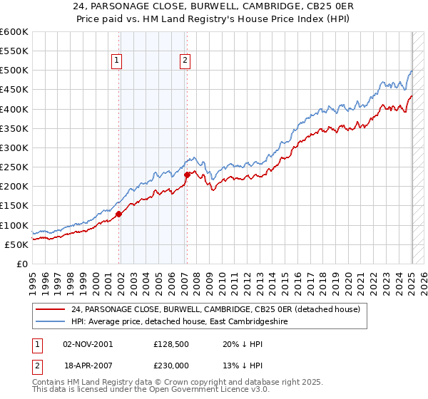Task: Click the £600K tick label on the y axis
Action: click(14, 32)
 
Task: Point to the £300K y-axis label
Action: click(14, 148)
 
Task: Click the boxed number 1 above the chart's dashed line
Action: click(116, 61)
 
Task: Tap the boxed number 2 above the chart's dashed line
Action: click(185, 61)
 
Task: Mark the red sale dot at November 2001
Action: click(119, 214)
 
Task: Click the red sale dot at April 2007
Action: click(187, 175)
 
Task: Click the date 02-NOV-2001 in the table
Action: click(88, 343)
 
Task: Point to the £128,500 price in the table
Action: click(170, 343)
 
